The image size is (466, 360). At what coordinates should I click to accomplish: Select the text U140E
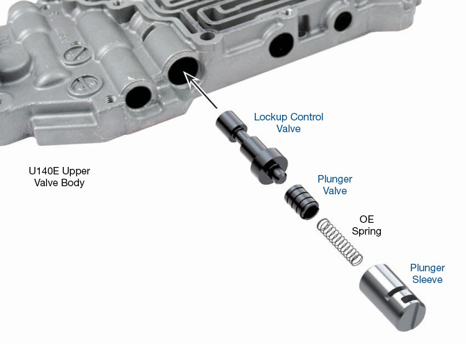(x=43, y=171)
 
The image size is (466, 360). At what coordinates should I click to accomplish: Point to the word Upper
(x=76, y=171)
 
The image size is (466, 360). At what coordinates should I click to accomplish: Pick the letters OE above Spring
(x=367, y=219)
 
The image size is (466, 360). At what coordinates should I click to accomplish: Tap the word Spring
(x=367, y=231)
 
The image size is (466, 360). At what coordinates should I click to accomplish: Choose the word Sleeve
(x=427, y=279)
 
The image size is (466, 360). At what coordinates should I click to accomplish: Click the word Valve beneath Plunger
(x=335, y=191)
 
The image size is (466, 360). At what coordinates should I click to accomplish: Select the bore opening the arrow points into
(x=183, y=72)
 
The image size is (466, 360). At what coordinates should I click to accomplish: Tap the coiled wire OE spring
(x=340, y=241)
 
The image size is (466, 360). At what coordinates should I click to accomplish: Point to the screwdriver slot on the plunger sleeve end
(x=415, y=314)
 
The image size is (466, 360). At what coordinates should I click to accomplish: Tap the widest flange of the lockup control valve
(x=269, y=165)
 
